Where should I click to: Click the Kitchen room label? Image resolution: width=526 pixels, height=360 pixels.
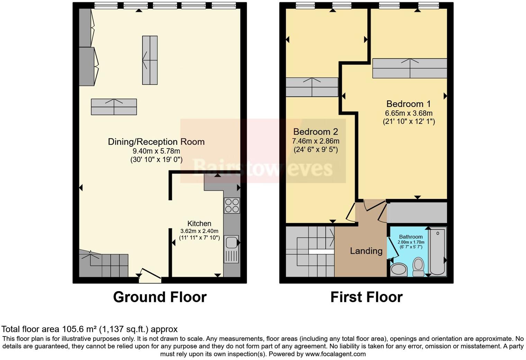(199, 224)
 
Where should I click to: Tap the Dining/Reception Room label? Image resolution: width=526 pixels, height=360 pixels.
(156, 142)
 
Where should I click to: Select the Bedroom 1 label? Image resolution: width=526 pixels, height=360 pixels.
(408, 104)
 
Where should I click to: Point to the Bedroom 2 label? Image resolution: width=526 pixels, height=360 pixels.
(315, 132)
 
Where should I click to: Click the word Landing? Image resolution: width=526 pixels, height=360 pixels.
(366, 251)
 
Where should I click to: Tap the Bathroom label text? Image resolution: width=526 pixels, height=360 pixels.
(411, 237)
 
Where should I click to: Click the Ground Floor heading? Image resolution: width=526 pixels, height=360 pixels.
(160, 297)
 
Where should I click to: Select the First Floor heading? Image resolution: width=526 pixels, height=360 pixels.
(366, 297)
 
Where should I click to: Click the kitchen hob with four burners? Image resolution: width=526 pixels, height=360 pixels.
(232, 205)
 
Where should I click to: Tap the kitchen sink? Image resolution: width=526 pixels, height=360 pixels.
(231, 249)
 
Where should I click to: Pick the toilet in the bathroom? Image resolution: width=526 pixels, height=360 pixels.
(419, 267)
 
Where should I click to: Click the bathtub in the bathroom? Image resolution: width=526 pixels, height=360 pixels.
(438, 251)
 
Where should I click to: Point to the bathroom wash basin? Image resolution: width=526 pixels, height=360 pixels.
(399, 270)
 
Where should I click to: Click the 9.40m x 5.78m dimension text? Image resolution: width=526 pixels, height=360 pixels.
(156, 151)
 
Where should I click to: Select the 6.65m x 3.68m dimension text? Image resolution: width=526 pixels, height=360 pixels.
(409, 113)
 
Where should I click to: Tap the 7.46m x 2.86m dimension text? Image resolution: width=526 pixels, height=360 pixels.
(316, 141)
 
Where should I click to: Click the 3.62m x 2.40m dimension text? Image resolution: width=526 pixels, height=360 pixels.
(199, 231)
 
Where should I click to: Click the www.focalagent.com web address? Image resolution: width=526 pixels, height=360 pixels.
(335, 354)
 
